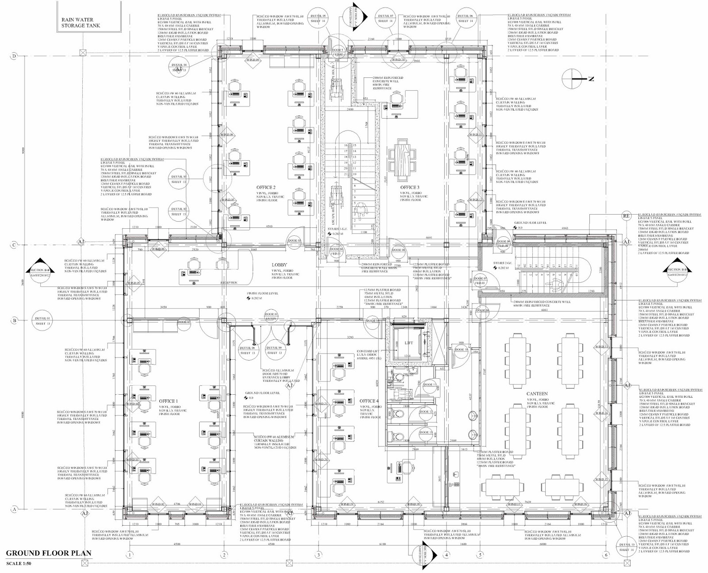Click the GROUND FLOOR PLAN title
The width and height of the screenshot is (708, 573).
(49, 553)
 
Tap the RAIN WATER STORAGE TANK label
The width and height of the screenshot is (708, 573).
(81, 23)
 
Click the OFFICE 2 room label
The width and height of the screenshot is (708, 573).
(265, 188)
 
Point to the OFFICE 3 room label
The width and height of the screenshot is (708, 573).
(409, 188)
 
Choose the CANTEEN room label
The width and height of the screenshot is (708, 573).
(537, 393)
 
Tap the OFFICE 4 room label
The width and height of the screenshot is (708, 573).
(369, 401)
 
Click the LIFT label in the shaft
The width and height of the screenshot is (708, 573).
(409, 343)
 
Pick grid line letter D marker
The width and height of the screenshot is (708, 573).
(15, 56)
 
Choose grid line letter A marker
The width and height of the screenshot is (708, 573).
(15, 510)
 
